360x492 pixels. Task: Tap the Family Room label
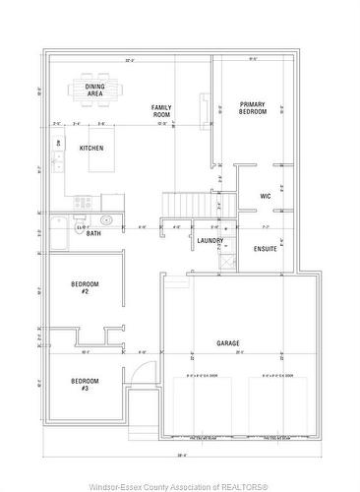click(161, 111)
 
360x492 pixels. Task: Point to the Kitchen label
click(91, 149)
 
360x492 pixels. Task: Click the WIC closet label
click(265, 197)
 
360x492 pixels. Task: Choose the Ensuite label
click(266, 248)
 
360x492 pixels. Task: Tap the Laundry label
click(210, 241)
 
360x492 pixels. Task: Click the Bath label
click(93, 233)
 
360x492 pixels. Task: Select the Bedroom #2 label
click(86, 287)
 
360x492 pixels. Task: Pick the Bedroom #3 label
click(85, 385)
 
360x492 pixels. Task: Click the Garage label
click(228, 343)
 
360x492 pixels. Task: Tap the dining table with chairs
click(95, 89)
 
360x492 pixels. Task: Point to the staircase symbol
click(187, 203)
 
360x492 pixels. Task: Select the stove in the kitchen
click(82, 203)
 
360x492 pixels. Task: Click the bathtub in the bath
click(58, 232)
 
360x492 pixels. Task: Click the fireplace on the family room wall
click(205, 104)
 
